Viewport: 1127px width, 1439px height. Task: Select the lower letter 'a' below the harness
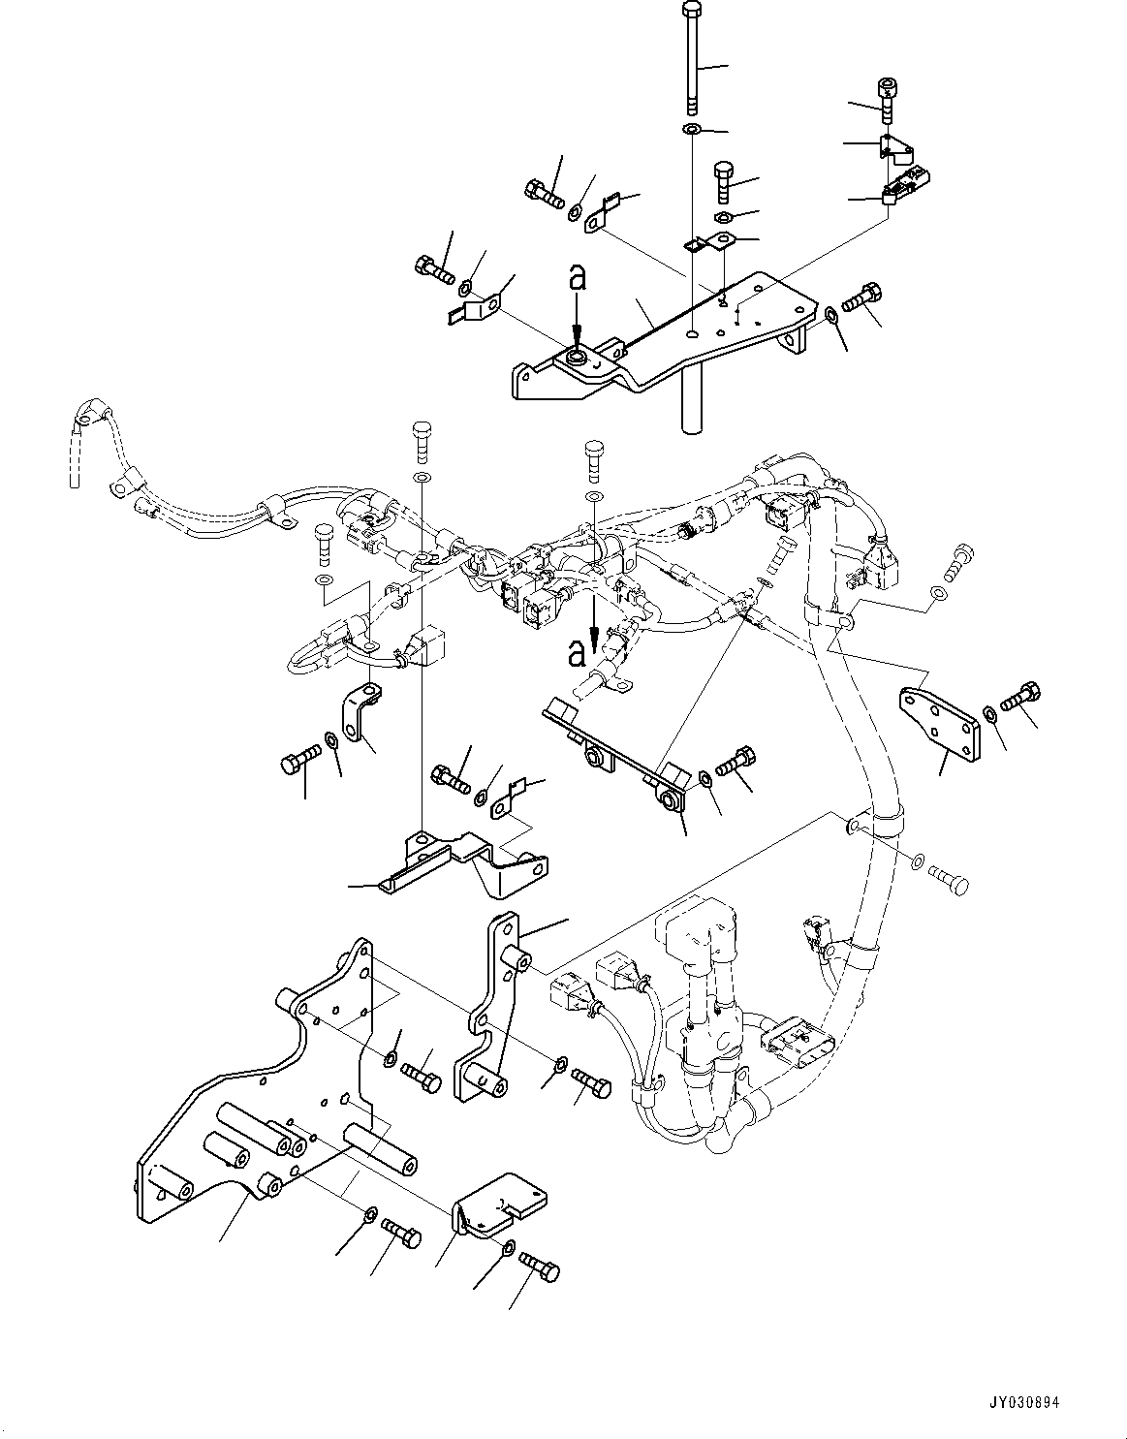578,654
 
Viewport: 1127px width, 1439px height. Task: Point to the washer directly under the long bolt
692,129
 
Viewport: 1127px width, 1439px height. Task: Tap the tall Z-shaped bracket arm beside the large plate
494,1008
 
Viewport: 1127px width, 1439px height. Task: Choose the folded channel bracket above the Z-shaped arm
465,858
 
